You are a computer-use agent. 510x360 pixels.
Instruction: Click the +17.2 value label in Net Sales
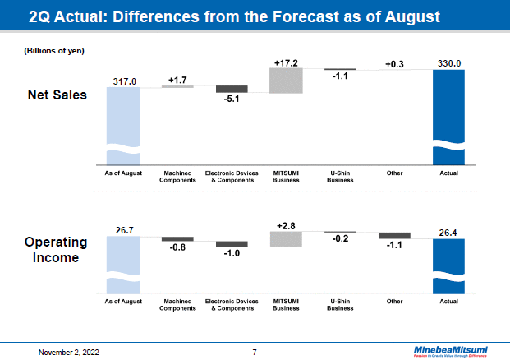point(286,62)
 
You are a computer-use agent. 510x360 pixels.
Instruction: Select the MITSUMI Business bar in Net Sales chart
point(286,80)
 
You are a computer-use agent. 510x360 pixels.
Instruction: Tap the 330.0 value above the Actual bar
point(448,63)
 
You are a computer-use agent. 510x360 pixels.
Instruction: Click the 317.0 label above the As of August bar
point(123,81)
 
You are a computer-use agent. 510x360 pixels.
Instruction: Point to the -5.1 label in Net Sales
point(232,99)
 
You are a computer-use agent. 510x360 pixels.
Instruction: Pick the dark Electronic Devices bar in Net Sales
point(232,89)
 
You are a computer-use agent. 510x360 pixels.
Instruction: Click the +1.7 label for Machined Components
point(177,79)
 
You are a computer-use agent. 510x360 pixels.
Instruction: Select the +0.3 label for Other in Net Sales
point(394,64)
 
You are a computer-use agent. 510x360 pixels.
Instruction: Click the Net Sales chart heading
point(57,95)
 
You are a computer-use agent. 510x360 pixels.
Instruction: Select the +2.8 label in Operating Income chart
point(286,224)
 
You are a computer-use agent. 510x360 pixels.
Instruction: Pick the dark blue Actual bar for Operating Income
point(448,265)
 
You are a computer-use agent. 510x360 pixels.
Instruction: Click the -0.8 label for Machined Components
point(177,247)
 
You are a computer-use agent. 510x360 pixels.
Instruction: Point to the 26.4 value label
point(448,232)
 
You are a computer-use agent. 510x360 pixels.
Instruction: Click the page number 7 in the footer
point(255,353)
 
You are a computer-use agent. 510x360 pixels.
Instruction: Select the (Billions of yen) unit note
point(53,51)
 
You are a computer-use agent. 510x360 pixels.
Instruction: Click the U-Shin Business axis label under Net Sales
point(340,177)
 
